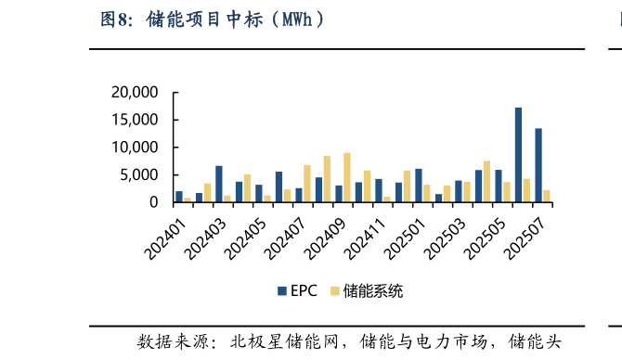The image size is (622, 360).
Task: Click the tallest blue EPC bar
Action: [518, 155]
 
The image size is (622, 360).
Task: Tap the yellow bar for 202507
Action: [548, 196]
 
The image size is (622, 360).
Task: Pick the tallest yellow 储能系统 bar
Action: [346, 177]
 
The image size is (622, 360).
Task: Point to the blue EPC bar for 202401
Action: [179, 197]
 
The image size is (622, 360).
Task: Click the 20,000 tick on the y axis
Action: [136, 92]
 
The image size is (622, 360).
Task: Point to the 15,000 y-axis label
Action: [136, 120]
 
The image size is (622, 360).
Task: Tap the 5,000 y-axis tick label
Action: [140, 174]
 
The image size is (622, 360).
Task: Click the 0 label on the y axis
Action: [155, 202]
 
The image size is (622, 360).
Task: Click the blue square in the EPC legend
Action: [281, 291]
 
